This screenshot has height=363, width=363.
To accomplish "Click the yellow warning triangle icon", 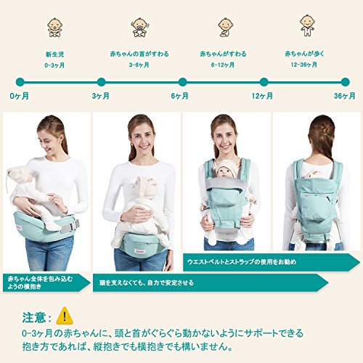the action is click(x=65, y=316).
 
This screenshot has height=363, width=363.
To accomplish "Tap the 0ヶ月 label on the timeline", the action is click(x=20, y=96).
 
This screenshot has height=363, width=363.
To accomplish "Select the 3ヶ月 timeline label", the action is click(x=101, y=96).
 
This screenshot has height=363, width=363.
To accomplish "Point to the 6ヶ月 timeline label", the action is click(x=179, y=96).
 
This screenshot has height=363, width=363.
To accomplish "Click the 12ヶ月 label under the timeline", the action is click(x=262, y=96).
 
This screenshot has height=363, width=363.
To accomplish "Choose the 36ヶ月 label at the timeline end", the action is click(x=345, y=96).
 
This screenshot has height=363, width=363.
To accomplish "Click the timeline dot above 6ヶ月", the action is click(x=182, y=82).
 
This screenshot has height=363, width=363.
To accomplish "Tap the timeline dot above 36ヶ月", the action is click(x=345, y=82).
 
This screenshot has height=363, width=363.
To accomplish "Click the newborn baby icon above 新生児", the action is click(x=55, y=27).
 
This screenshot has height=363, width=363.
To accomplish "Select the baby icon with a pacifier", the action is click(x=139, y=27).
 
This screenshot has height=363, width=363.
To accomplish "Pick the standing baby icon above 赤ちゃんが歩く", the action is click(x=307, y=25).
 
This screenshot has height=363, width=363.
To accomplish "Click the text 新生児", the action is click(x=55, y=54).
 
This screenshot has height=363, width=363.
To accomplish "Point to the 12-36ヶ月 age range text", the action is click(x=304, y=65).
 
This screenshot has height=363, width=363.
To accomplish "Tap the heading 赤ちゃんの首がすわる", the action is click(x=139, y=54).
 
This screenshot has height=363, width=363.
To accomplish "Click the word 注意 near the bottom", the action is click(x=34, y=317).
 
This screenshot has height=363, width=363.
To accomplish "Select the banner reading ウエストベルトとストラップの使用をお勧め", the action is click(x=242, y=261).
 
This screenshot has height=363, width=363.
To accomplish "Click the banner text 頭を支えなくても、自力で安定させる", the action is click(x=147, y=282).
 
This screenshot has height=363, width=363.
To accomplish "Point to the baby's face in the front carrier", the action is click(x=223, y=172).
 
